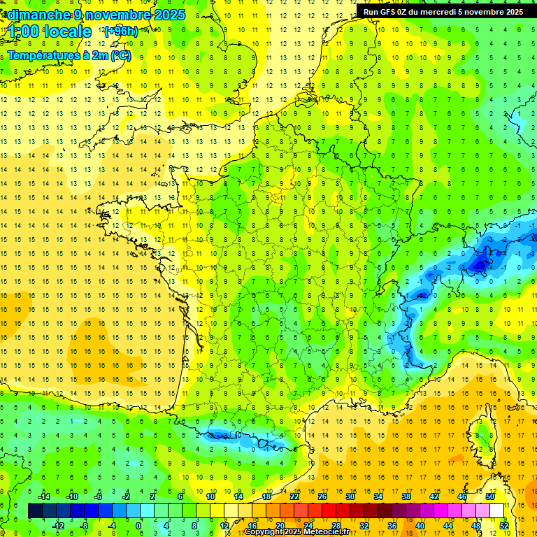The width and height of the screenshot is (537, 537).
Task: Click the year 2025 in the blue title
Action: coord(169,15)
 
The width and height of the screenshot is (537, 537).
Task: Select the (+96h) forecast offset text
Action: coord(120,31)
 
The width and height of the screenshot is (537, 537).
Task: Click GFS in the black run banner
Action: coord(389,12)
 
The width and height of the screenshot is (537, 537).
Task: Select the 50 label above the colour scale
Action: coord(489,496)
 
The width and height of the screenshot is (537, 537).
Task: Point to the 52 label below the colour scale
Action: coord(503,526)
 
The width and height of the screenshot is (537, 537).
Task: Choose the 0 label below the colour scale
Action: coord(138,526)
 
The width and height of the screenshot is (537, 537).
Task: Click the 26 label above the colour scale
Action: coord(323,496)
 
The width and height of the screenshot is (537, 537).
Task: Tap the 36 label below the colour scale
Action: coord(392,526)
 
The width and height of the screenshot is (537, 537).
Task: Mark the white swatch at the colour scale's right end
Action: coord(496,511)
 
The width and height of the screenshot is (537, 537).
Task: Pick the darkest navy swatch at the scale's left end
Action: coord(35,511)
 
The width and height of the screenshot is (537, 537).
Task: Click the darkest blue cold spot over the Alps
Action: coord(480,264)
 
